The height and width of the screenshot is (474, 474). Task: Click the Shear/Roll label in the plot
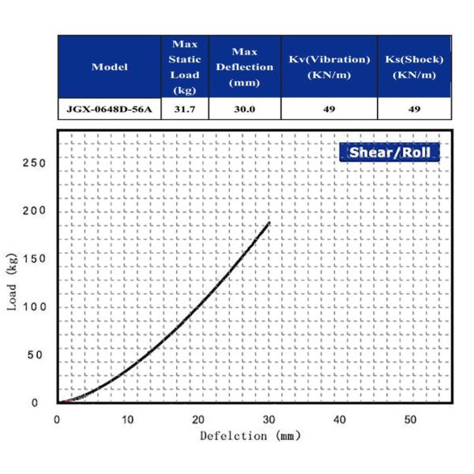click(x=389, y=152)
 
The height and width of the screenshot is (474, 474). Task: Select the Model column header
click(x=110, y=67)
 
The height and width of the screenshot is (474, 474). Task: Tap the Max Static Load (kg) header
click(x=186, y=67)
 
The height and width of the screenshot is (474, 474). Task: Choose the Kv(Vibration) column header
click(x=329, y=67)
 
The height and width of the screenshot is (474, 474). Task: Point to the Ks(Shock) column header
click(x=414, y=67)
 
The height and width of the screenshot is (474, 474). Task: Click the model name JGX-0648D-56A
click(x=110, y=109)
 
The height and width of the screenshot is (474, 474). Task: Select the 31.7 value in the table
click(x=186, y=109)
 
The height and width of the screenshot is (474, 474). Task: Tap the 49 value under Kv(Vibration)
click(x=329, y=109)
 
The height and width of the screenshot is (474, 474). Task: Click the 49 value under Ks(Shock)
click(x=414, y=109)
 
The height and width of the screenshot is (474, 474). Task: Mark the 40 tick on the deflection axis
click(x=340, y=419)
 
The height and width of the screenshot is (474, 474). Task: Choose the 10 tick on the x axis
click(x=128, y=419)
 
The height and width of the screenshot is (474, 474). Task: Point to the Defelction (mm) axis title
click(x=250, y=435)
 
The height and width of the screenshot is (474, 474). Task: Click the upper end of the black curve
click(x=269, y=223)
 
